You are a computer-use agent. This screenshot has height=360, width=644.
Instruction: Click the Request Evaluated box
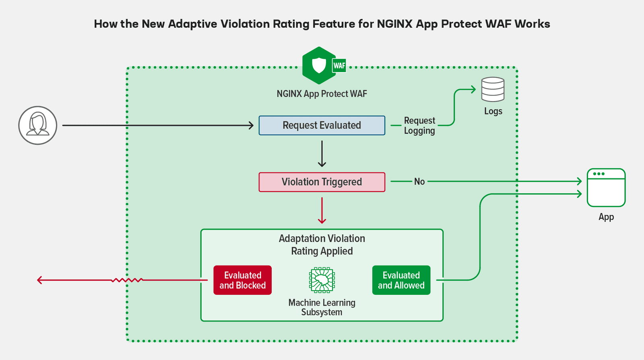322,125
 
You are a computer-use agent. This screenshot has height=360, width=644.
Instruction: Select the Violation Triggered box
322,182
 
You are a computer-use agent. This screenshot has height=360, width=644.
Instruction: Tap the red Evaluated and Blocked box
242,280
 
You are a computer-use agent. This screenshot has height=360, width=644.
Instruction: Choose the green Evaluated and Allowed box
401,280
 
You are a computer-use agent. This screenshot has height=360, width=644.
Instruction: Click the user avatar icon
38,125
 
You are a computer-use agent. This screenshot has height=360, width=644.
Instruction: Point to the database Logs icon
493,89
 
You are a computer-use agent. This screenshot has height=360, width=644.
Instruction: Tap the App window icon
606,188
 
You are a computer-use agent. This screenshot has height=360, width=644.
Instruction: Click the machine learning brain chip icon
322,279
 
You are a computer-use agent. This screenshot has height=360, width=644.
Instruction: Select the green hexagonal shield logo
319,65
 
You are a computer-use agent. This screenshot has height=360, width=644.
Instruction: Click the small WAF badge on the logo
339,66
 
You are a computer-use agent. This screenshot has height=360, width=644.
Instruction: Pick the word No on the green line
419,182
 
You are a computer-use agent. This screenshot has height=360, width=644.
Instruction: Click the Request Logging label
419,126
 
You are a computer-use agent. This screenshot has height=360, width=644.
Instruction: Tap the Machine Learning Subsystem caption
322,307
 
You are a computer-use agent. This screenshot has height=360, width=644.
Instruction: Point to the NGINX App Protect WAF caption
322,94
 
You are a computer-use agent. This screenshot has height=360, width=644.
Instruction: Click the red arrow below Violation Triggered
322,210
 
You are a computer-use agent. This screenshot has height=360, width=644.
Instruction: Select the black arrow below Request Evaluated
322,154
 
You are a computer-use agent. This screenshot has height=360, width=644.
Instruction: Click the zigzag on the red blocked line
127,280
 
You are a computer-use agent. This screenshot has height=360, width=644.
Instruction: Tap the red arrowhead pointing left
40,280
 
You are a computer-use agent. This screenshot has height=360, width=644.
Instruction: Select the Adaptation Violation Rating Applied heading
322,244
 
